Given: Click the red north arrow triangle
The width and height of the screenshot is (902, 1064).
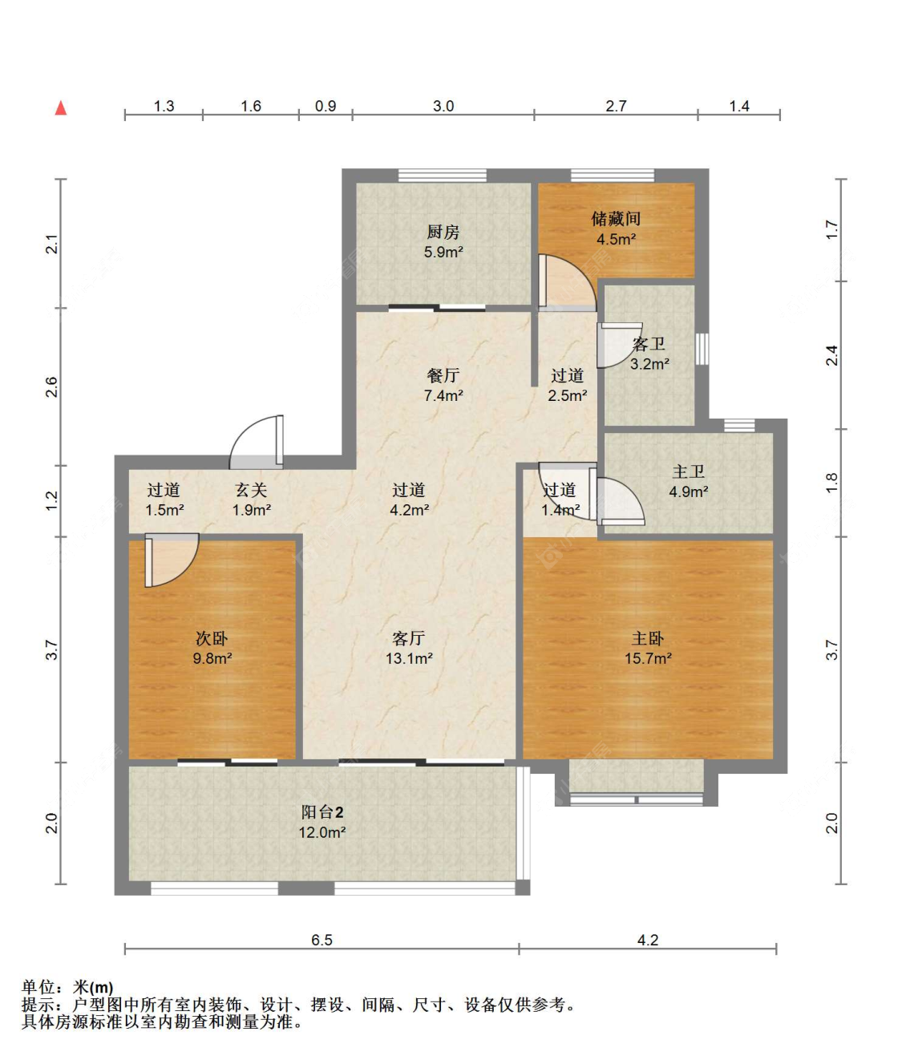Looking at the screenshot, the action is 61,107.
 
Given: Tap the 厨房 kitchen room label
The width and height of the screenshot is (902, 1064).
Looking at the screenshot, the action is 443,233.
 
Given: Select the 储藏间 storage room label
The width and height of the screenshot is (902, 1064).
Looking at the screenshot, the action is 616,219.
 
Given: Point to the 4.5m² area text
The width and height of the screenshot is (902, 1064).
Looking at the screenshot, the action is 616,240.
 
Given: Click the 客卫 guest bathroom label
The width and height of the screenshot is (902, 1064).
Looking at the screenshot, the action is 649,343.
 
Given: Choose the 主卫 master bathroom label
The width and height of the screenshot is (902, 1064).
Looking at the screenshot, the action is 689,471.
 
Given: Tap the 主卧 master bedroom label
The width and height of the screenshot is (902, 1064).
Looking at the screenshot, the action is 648,638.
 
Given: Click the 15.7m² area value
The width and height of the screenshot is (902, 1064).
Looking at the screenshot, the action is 648,658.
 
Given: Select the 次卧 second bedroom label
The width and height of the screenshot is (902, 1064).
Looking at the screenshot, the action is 212,638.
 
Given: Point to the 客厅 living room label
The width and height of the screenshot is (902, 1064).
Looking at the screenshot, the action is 408,638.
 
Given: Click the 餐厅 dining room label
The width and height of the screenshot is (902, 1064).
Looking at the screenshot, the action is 443,375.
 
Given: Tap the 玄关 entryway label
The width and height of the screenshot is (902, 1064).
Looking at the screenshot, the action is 251,490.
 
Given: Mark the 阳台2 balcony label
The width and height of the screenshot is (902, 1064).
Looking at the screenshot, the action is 322,812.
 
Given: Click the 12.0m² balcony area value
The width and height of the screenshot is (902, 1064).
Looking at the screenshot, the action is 322,832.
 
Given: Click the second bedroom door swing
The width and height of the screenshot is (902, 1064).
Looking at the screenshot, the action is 172,560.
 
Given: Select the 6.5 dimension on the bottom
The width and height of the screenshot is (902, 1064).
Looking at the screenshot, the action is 322,940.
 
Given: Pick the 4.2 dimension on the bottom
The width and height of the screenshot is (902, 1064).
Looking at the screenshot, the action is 648,940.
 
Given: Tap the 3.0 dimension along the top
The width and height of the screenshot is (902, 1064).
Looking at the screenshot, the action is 443,106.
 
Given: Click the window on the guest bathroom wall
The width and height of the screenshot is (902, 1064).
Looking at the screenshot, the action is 702,349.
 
